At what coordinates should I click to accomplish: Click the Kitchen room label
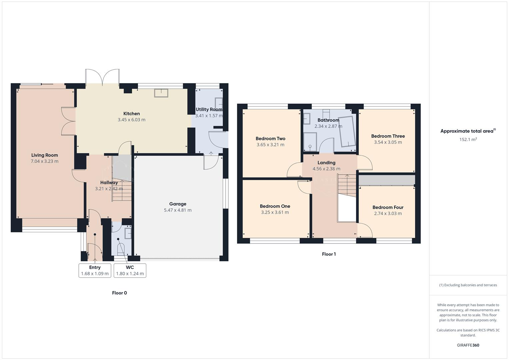click(x=131, y=114)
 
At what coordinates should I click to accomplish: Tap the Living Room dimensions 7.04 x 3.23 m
click(x=44, y=161)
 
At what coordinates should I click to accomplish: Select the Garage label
click(x=178, y=204)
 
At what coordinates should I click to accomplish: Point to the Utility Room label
click(x=209, y=109)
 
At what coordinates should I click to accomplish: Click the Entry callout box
click(x=95, y=270)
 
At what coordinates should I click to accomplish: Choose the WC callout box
click(x=130, y=270)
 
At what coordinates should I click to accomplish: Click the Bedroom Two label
click(x=270, y=139)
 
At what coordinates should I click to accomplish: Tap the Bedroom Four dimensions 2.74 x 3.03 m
click(x=388, y=214)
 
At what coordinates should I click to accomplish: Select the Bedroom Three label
click(x=388, y=136)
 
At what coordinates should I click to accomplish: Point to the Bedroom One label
click(x=275, y=206)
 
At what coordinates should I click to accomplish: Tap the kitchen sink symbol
click(x=161, y=93)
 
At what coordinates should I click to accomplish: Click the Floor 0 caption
click(x=119, y=293)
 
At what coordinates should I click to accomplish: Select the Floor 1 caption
click(x=329, y=254)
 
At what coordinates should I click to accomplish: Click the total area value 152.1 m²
click(x=468, y=140)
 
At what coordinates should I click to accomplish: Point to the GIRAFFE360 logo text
click(x=468, y=345)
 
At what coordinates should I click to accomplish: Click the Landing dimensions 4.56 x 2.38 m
click(x=326, y=169)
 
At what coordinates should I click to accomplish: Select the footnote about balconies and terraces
click(x=468, y=285)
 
